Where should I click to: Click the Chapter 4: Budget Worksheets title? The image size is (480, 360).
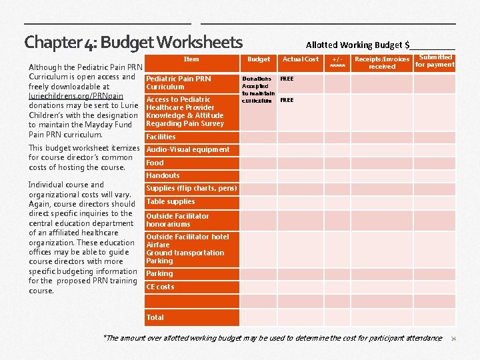[x=133, y=43]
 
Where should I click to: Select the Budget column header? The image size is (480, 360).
[x=259, y=59]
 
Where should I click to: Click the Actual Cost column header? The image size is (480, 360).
[x=301, y=59]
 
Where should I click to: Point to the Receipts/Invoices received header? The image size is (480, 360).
[x=382, y=63]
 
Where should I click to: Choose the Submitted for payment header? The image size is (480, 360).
[x=435, y=61]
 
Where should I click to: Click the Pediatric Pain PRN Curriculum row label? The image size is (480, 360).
[x=178, y=83]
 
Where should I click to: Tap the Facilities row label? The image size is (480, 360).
[x=161, y=137]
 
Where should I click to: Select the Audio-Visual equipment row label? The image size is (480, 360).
[x=187, y=149]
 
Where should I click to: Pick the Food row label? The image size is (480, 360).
[x=155, y=163]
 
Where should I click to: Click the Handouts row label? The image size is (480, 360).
[x=163, y=175]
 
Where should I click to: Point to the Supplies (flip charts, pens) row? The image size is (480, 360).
[x=191, y=189]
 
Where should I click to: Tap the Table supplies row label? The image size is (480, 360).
[x=171, y=201]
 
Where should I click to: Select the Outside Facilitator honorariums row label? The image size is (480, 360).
[x=177, y=220]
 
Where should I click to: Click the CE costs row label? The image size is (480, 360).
[x=160, y=287]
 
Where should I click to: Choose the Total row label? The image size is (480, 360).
[x=155, y=317]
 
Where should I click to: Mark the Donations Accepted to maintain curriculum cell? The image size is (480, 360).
[x=257, y=89]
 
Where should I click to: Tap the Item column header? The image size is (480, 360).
[x=191, y=59]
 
